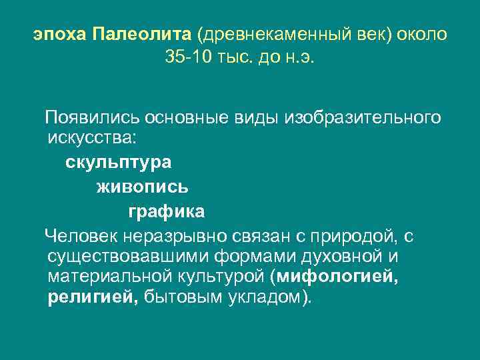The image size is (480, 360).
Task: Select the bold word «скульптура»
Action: pos(119,163)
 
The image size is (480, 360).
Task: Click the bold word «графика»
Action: pos(167,212)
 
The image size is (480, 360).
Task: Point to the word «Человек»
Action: pos(79,235)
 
